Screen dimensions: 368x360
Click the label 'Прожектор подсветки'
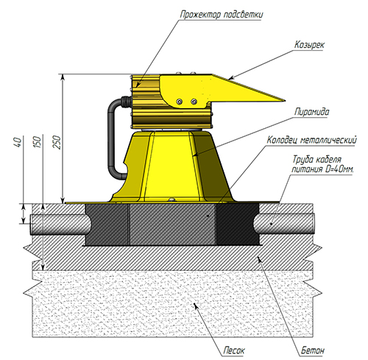click(x=222, y=15)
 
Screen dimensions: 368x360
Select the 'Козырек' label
click(x=309, y=45)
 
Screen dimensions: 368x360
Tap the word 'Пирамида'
click(x=311, y=112)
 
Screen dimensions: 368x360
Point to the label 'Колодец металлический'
click(x=311, y=140)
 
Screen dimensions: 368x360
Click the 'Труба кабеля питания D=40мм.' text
click(x=322, y=164)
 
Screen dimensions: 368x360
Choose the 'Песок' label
click(x=234, y=350)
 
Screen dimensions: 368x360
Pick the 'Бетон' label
click(x=313, y=350)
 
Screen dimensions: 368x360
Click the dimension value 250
click(x=57, y=142)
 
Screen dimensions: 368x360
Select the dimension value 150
click(x=37, y=142)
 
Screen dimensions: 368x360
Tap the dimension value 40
click(x=18, y=142)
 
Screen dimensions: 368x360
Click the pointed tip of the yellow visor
click(x=285, y=100)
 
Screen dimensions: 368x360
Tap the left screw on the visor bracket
click(x=180, y=102)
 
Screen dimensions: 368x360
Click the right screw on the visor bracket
click(x=194, y=102)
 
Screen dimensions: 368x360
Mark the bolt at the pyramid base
click(x=172, y=200)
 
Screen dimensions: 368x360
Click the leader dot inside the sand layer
click(x=195, y=304)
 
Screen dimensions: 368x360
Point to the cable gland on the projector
click(x=127, y=101)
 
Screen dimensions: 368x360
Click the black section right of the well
click(x=238, y=224)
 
